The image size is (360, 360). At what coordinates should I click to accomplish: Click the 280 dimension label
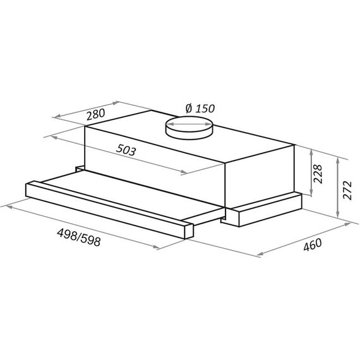tap(95, 114)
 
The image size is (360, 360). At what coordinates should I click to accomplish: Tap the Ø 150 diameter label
tap(200, 108)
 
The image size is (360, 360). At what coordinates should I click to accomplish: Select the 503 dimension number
tap(126, 150)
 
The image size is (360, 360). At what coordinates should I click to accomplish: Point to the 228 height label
tap(318, 174)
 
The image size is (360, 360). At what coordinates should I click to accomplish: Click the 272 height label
tap(347, 190)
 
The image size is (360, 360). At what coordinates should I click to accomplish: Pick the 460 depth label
tap(313, 244)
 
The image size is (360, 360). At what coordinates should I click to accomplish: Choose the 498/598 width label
tap(79, 237)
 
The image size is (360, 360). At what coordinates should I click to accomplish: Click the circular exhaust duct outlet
tap(189, 128)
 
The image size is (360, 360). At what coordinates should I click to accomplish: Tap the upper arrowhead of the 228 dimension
tap(311, 152)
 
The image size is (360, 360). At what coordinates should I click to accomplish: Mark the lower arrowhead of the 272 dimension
tap(337, 214)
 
